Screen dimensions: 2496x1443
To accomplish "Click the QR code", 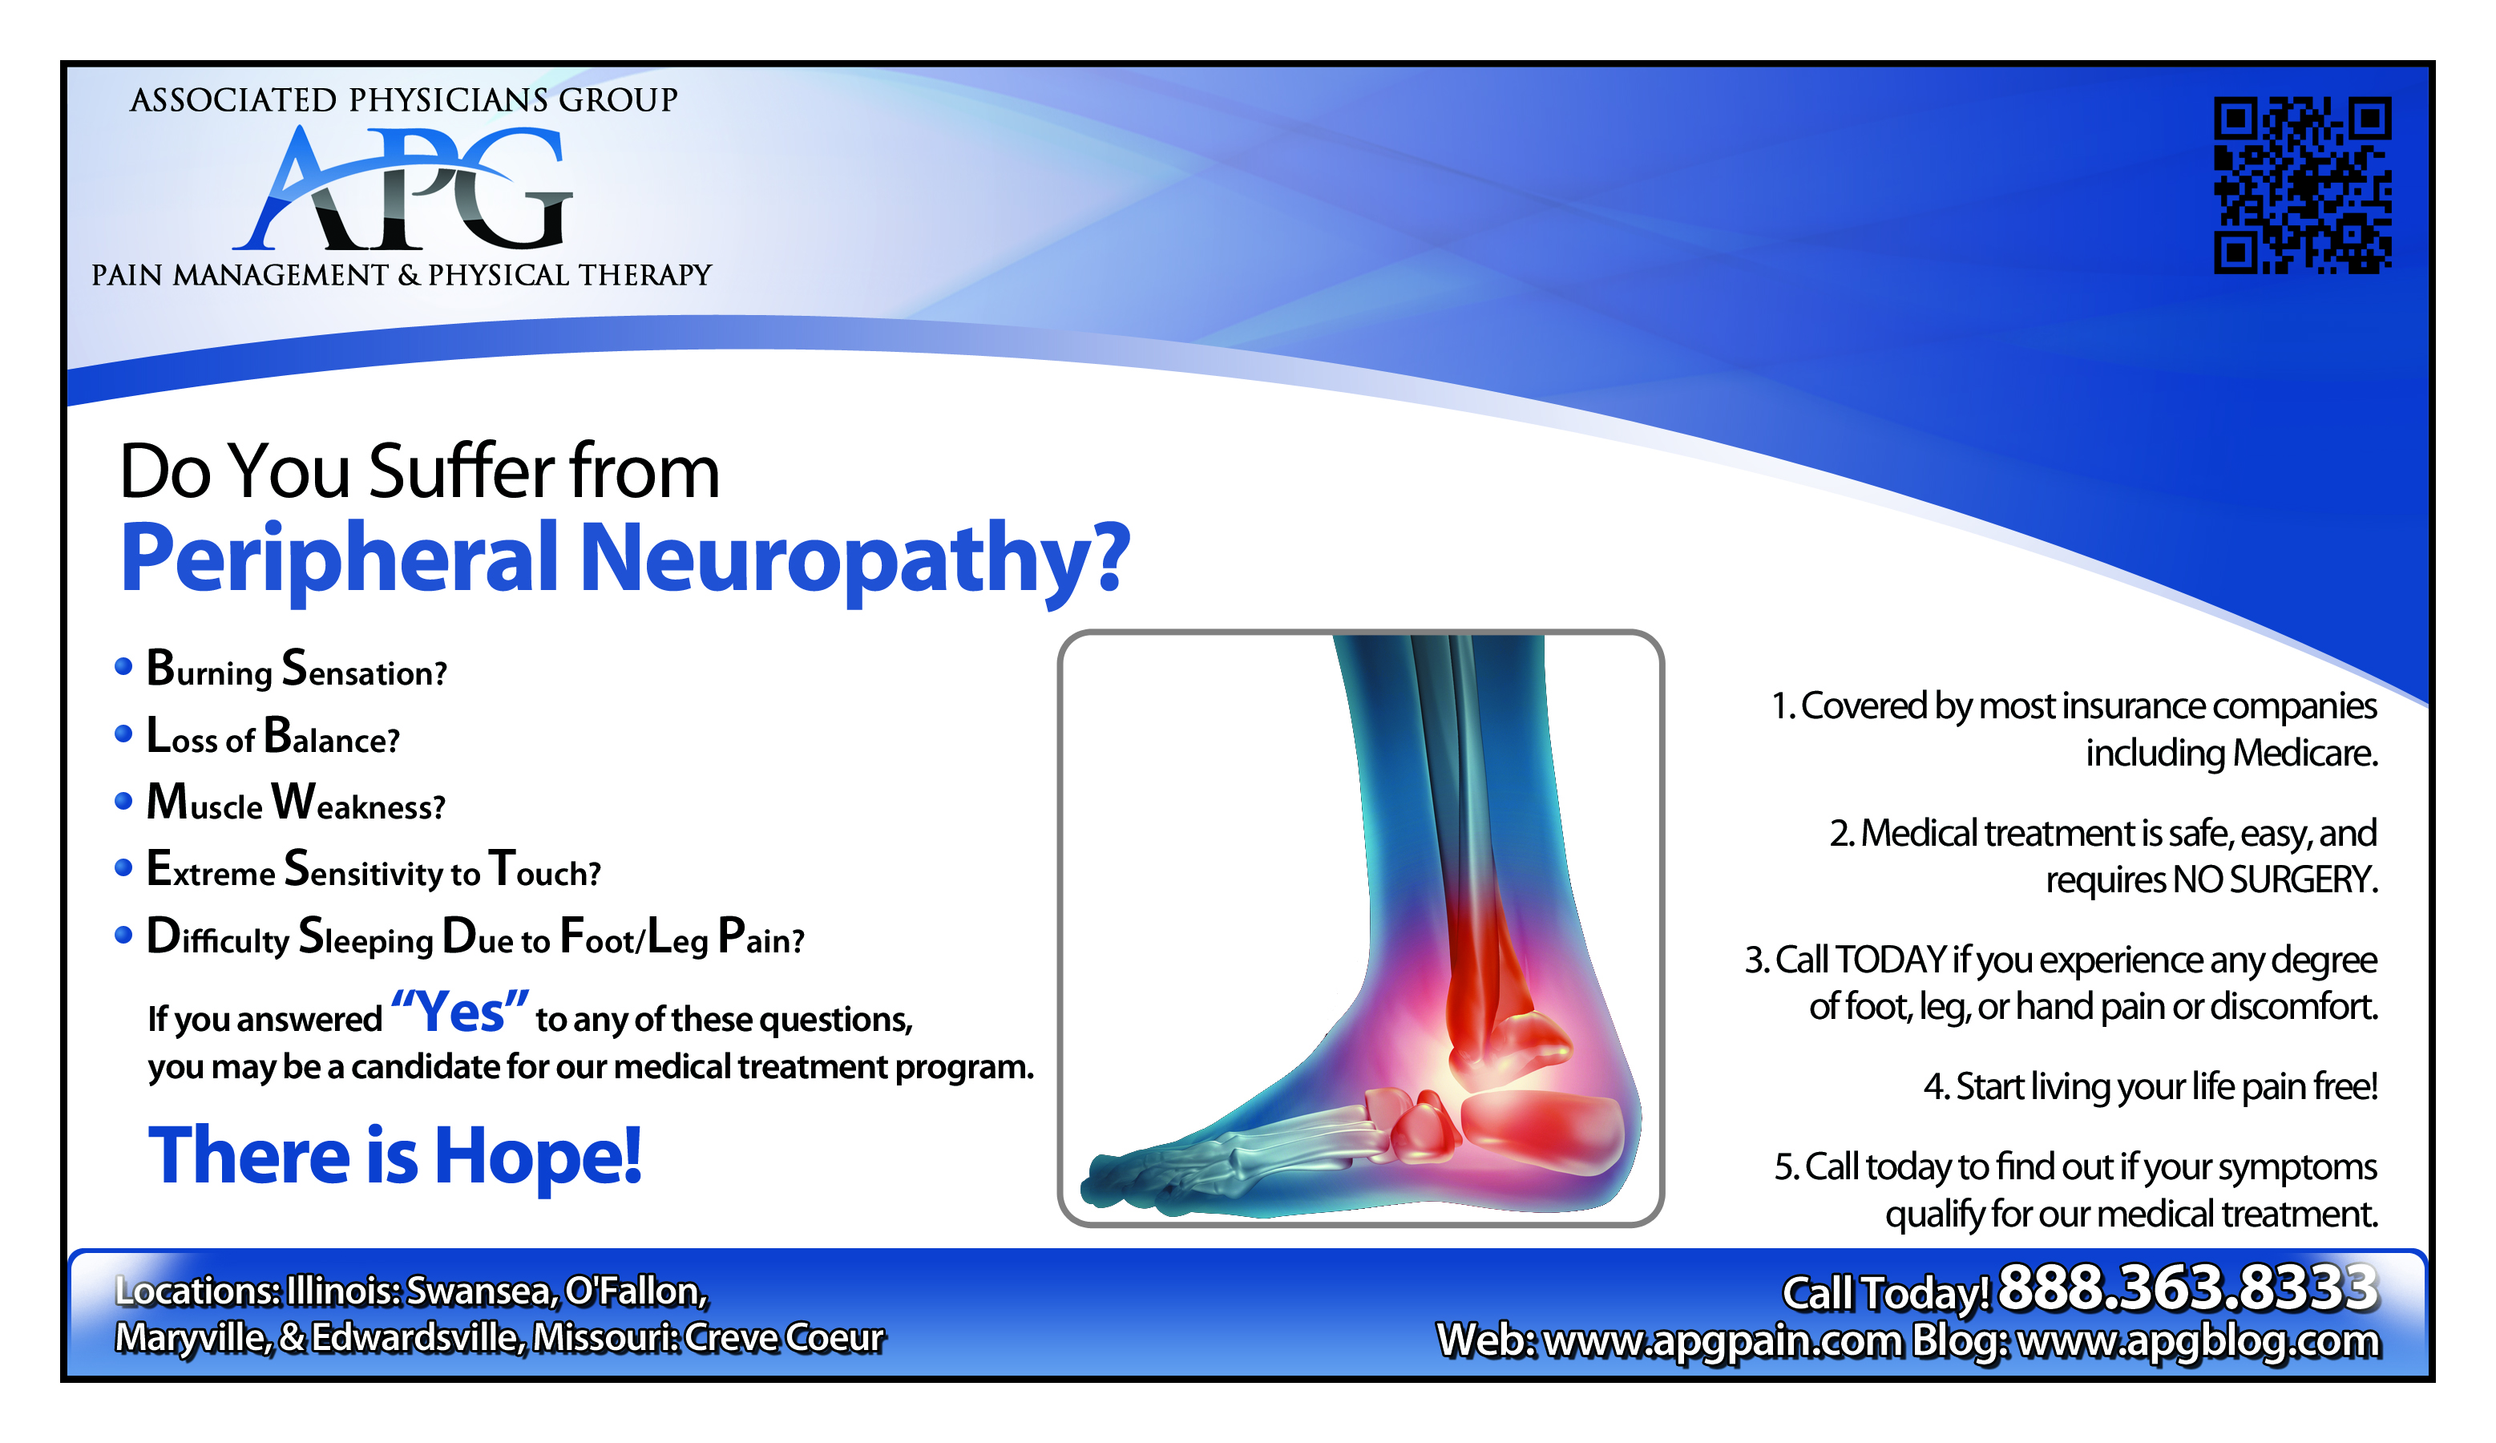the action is pyautogui.click(x=2302, y=184).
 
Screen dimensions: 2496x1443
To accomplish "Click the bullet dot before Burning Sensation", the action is pyautogui.click(x=123, y=666).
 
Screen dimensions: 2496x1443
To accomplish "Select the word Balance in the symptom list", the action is pyautogui.click(x=332, y=737).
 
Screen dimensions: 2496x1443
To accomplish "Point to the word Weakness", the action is pyautogui.click(x=358, y=803).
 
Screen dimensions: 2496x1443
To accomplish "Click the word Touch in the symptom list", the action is pyautogui.click(x=545, y=870).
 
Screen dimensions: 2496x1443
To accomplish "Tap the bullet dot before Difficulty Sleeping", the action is pyautogui.click(x=123, y=935).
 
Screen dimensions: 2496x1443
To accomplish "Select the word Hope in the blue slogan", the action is pyautogui.click(x=538, y=1156).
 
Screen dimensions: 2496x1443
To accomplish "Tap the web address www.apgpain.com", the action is pyautogui.click(x=1723, y=1341).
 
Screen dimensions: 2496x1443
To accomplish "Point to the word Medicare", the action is pyautogui.click(x=2305, y=754).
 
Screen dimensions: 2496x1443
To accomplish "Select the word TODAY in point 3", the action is pyautogui.click(x=1891, y=960).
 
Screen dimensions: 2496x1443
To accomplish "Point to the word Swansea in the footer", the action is pyautogui.click(x=482, y=1291).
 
